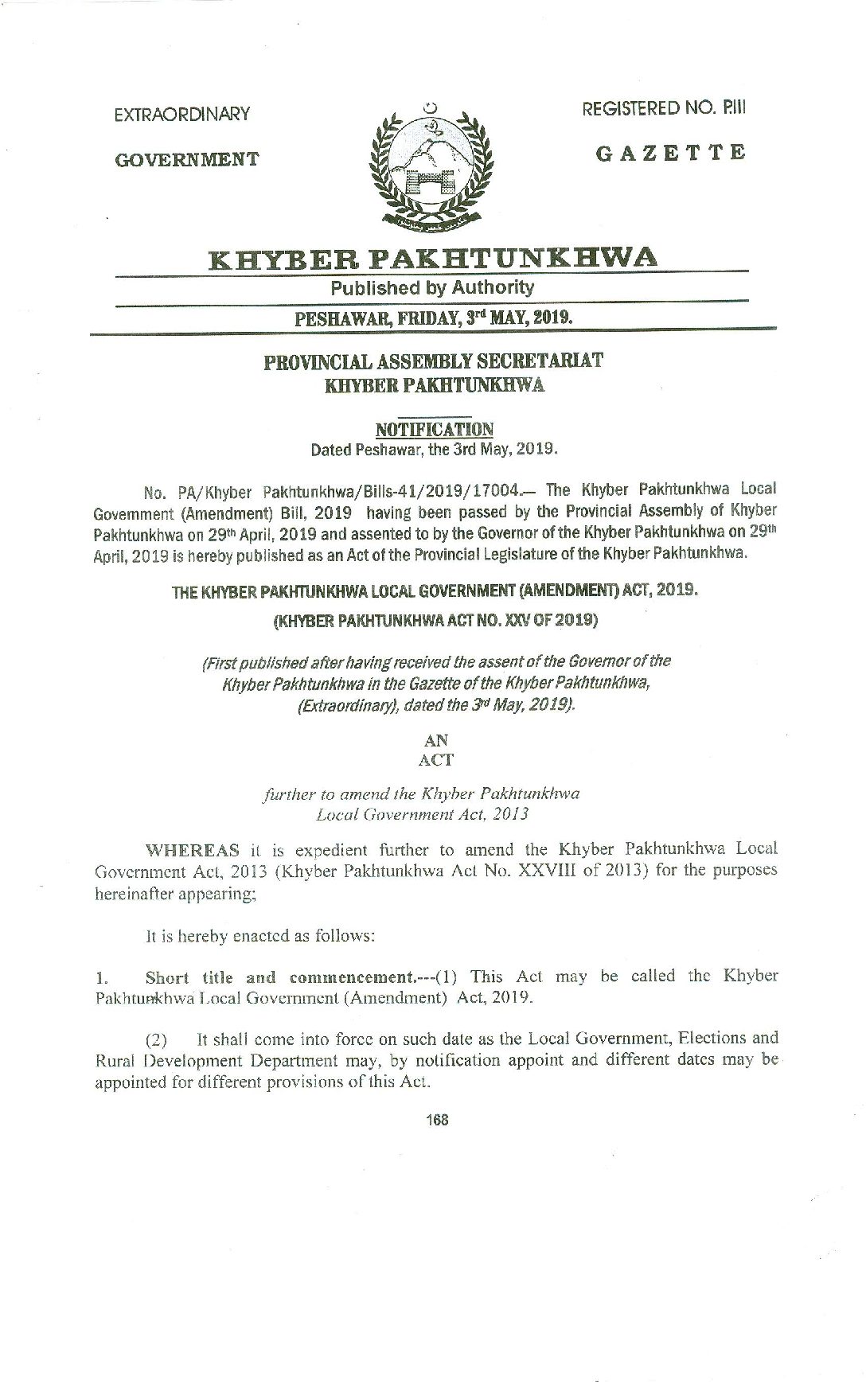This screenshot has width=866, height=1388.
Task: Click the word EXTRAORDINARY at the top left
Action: click(182, 115)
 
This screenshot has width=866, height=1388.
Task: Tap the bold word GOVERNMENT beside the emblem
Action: click(187, 159)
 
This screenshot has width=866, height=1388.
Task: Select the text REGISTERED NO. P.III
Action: click(664, 109)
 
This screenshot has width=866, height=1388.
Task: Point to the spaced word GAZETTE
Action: click(671, 153)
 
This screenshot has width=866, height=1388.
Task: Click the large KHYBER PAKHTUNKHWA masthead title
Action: click(433, 258)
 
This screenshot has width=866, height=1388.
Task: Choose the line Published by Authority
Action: click(432, 287)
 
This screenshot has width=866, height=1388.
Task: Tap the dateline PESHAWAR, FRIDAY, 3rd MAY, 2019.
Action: click(434, 318)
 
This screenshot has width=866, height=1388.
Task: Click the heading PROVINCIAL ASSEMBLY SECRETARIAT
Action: click(433, 361)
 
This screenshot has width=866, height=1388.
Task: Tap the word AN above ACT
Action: click(436, 740)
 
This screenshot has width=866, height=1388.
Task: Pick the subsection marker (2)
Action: click(157, 1039)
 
